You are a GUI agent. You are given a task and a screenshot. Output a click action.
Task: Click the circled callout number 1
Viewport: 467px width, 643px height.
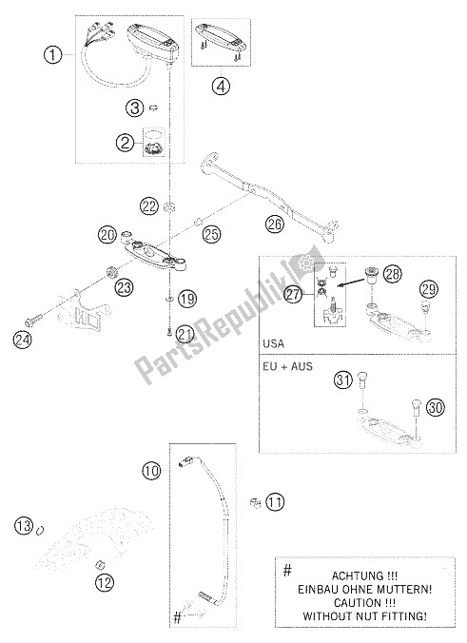(x=53, y=54)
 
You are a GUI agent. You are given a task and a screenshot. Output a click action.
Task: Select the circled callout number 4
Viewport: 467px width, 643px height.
(x=221, y=87)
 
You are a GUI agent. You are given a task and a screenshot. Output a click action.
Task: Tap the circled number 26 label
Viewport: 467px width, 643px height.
(x=274, y=224)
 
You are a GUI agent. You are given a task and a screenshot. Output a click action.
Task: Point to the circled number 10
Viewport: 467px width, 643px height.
(x=151, y=470)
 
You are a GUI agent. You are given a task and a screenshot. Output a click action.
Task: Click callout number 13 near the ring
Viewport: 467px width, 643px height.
(x=24, y=525)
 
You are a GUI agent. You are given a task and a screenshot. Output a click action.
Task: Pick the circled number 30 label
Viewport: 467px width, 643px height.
(x=436, y=408)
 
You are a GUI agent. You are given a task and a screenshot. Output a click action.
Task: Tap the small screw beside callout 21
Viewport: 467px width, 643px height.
(x=169, y=333)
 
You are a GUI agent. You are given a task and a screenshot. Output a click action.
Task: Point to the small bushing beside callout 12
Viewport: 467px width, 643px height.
(x=100, y=566)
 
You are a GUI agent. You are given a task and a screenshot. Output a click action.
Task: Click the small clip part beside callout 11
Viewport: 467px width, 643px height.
(x=256, y=502)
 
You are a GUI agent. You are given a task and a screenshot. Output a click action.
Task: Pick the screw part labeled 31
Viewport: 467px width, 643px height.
(x=363, y=380)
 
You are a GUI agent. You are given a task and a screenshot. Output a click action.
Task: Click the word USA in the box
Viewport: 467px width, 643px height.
(x=274, y=343)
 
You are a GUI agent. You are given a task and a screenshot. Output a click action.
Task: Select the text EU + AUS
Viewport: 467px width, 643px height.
(x=288, y=366)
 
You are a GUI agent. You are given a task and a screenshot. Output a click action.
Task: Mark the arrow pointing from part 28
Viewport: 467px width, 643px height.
(x=351, y=283)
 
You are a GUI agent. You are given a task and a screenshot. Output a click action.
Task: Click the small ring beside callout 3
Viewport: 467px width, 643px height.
(x=153, y=108)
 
